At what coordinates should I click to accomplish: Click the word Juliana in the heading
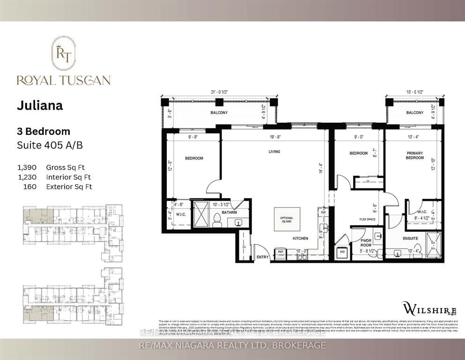click(40, 105)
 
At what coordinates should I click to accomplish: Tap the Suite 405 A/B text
click(50, 145)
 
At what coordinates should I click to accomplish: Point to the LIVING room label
click(274, 151)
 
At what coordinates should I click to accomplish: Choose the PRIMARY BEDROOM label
click(414, 156)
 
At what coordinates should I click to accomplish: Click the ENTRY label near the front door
click(263, 257)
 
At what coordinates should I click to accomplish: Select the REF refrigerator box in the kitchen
click(281, 252)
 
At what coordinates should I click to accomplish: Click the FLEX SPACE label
click(368, 219)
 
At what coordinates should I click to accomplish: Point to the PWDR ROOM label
click(366, 241)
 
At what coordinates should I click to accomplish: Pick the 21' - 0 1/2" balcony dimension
click(220, 92)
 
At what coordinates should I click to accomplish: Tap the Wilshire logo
click(424, 308)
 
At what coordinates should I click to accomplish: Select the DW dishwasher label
click(323, 212)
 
